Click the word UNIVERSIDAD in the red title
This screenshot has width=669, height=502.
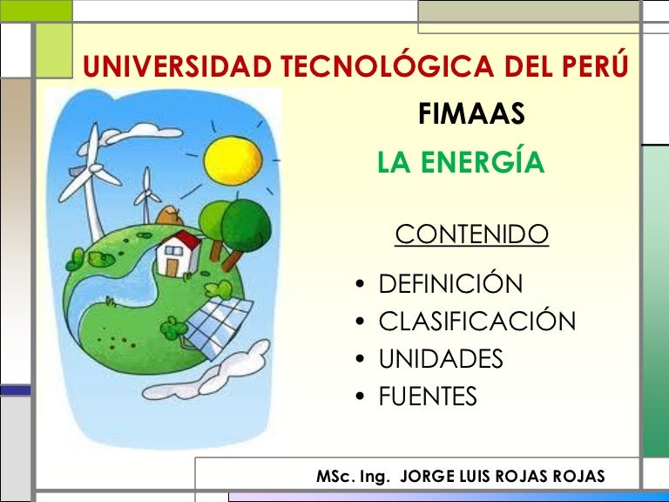click(x=178, y=66)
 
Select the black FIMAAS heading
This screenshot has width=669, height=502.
click(x=471, y=114)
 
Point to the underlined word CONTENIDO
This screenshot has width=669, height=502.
click(x=471, y=234)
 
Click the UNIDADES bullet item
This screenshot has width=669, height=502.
click(x=441, y=358)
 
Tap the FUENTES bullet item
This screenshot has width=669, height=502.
click(x=428, y=396)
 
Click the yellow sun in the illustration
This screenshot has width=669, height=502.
click(x=233, y=161)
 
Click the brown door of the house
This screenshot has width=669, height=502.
click(x=172, y=268)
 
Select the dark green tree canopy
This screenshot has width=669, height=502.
click(x=246, y=226)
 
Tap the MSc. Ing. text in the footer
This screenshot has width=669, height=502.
click(x=353, y=476)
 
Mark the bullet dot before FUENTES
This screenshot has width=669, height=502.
click(x=360, y=397)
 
